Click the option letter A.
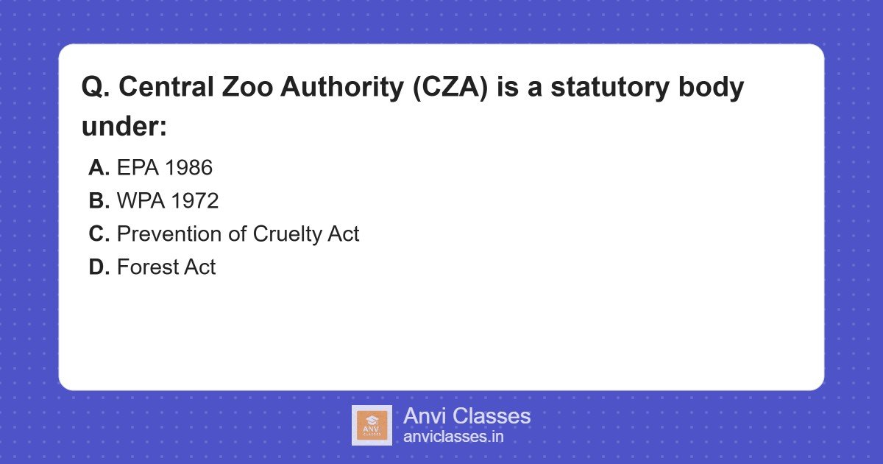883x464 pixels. [x=99, y=168]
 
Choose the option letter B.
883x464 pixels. [x=99, y=201]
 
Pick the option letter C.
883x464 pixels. [x=99, y=234]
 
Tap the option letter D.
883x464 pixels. [x=99, y=267]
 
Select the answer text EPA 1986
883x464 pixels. [x=165, y=168]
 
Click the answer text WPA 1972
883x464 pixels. [x=168, y=201]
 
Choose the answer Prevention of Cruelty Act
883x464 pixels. [x=238, y=234]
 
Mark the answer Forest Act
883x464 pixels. [x=166, y=267]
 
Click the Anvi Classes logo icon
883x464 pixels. [x=372, y=425]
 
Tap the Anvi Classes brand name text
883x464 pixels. [x=467, y=416]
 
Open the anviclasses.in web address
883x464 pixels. [x=453, y=437]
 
